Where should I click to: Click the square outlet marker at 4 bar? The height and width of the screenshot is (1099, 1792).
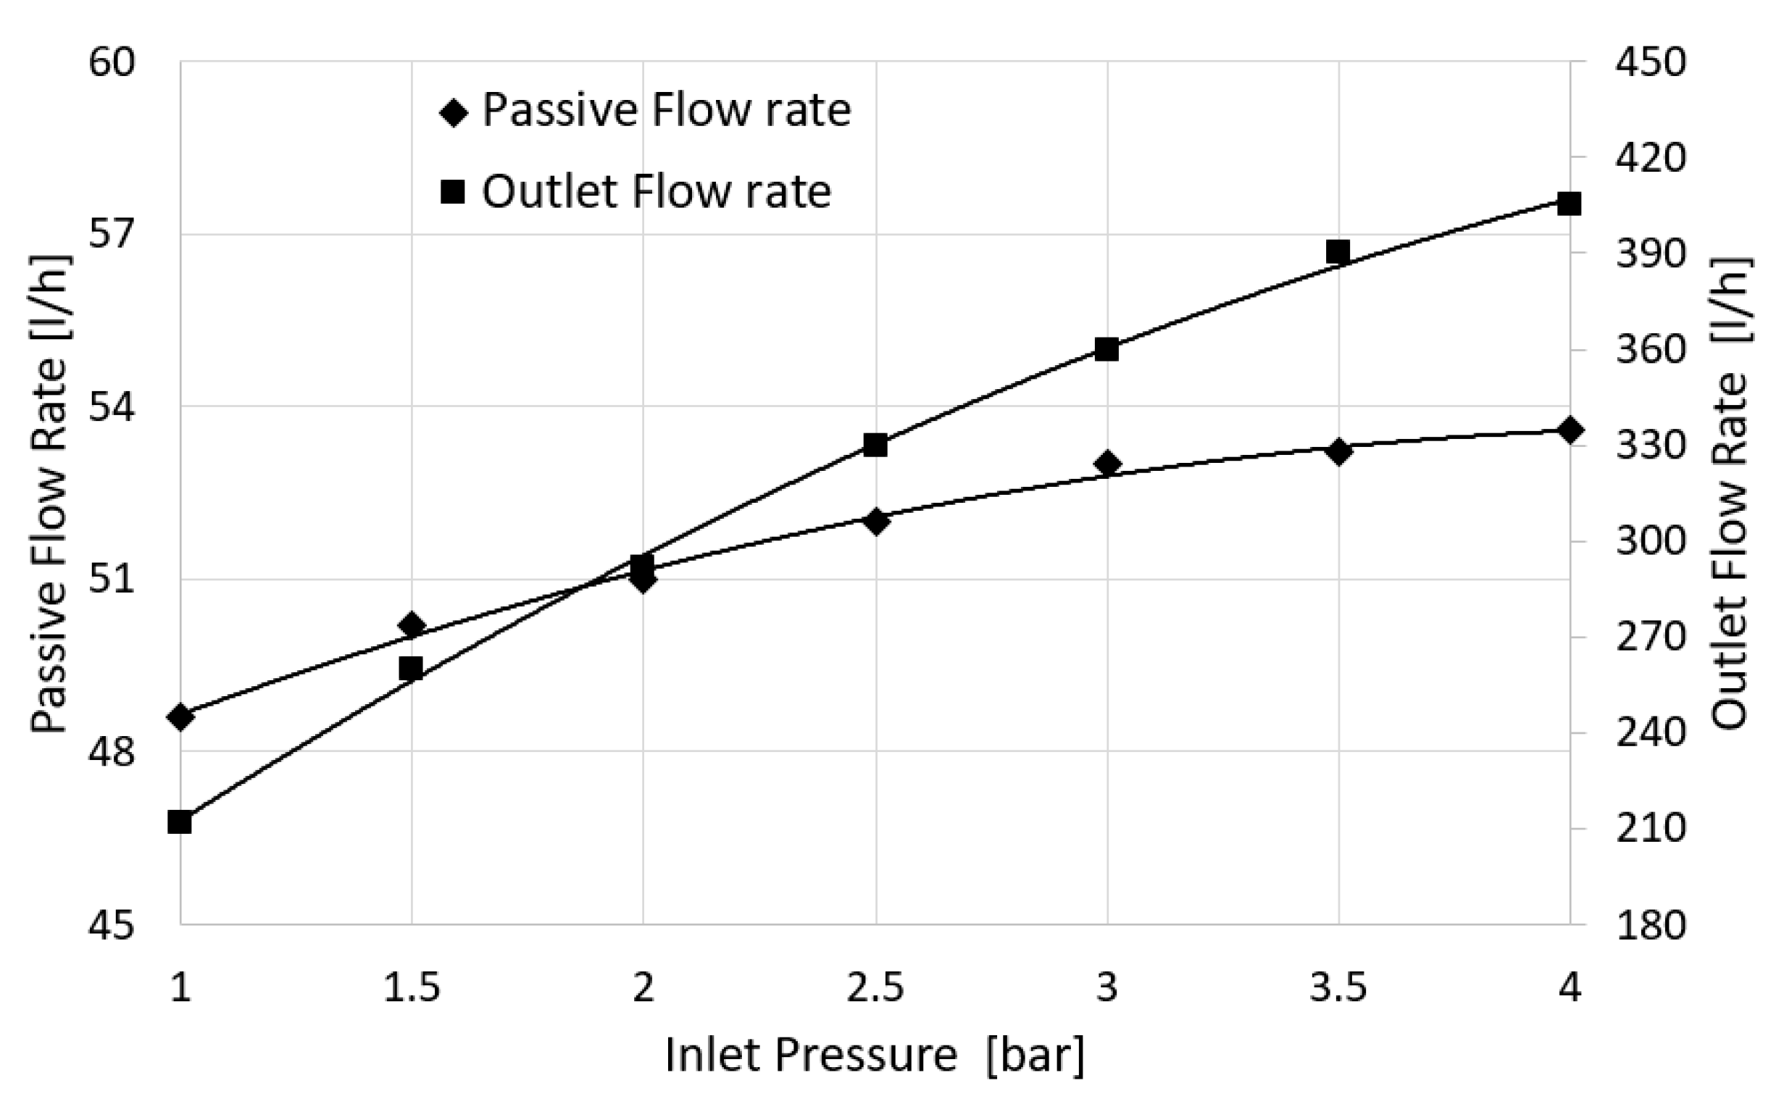pyautogui.click(x=1570, y=204)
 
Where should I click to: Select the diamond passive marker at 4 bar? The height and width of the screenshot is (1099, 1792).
pyautogui.click(x=1570, y=430)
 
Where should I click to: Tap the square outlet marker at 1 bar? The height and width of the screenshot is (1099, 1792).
pyautogui.click(x=180, y=822)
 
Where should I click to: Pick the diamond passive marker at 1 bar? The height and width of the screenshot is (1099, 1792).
pyautogui.click(x=180, y=717)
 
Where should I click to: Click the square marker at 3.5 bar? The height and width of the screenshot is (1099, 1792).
pyautogui.click(x=1338, y=252)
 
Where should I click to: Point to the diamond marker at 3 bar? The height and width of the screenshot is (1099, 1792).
pyautogui.click(x=1107, y=463)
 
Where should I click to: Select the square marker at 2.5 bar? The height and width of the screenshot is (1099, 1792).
pyautogui.click(x=875, y=445)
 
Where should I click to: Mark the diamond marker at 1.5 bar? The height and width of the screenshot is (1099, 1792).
pyautogui.click(x=412, y=624)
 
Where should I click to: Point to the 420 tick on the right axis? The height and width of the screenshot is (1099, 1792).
pyautogui.click(x=1649, y=158)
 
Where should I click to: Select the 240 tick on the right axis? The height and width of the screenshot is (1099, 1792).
pyautogui.click(x=1649, y=732)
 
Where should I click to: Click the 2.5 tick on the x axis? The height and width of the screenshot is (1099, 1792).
pyautogui.click(x=875, y=988)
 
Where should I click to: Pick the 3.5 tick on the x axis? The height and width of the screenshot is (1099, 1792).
pyautogui.click(x=1338, y=988)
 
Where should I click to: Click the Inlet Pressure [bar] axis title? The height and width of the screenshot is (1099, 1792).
pyautogui.click(x=874, y=1056)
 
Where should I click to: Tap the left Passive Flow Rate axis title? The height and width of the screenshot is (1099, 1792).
pyautogui.click(x=49, y=495)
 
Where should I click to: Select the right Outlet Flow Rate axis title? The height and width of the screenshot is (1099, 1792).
pyautogui.click(x=1730, y=495)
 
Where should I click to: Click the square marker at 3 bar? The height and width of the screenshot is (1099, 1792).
pyautogui.click(x=1107, y=350)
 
